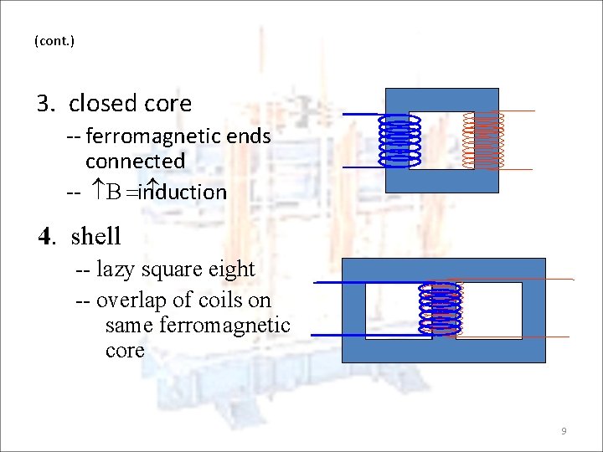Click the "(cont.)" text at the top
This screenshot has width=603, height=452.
[54, 40]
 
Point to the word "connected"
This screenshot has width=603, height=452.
[135, 160]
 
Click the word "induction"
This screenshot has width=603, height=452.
[184, 193]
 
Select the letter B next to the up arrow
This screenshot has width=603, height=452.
[113, 193]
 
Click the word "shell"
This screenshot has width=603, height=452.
[96, 237]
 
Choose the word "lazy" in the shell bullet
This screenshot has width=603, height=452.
[115, 270]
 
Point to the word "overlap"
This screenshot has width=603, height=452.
[131, 300]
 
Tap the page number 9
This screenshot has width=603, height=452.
[564, 431]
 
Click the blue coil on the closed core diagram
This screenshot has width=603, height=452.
[399, 140]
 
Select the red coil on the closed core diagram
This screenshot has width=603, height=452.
[485, 140]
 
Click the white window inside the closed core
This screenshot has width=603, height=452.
[441, 141]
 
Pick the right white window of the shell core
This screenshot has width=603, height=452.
[490, 311]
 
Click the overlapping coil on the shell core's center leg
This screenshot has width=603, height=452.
[441, 310]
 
